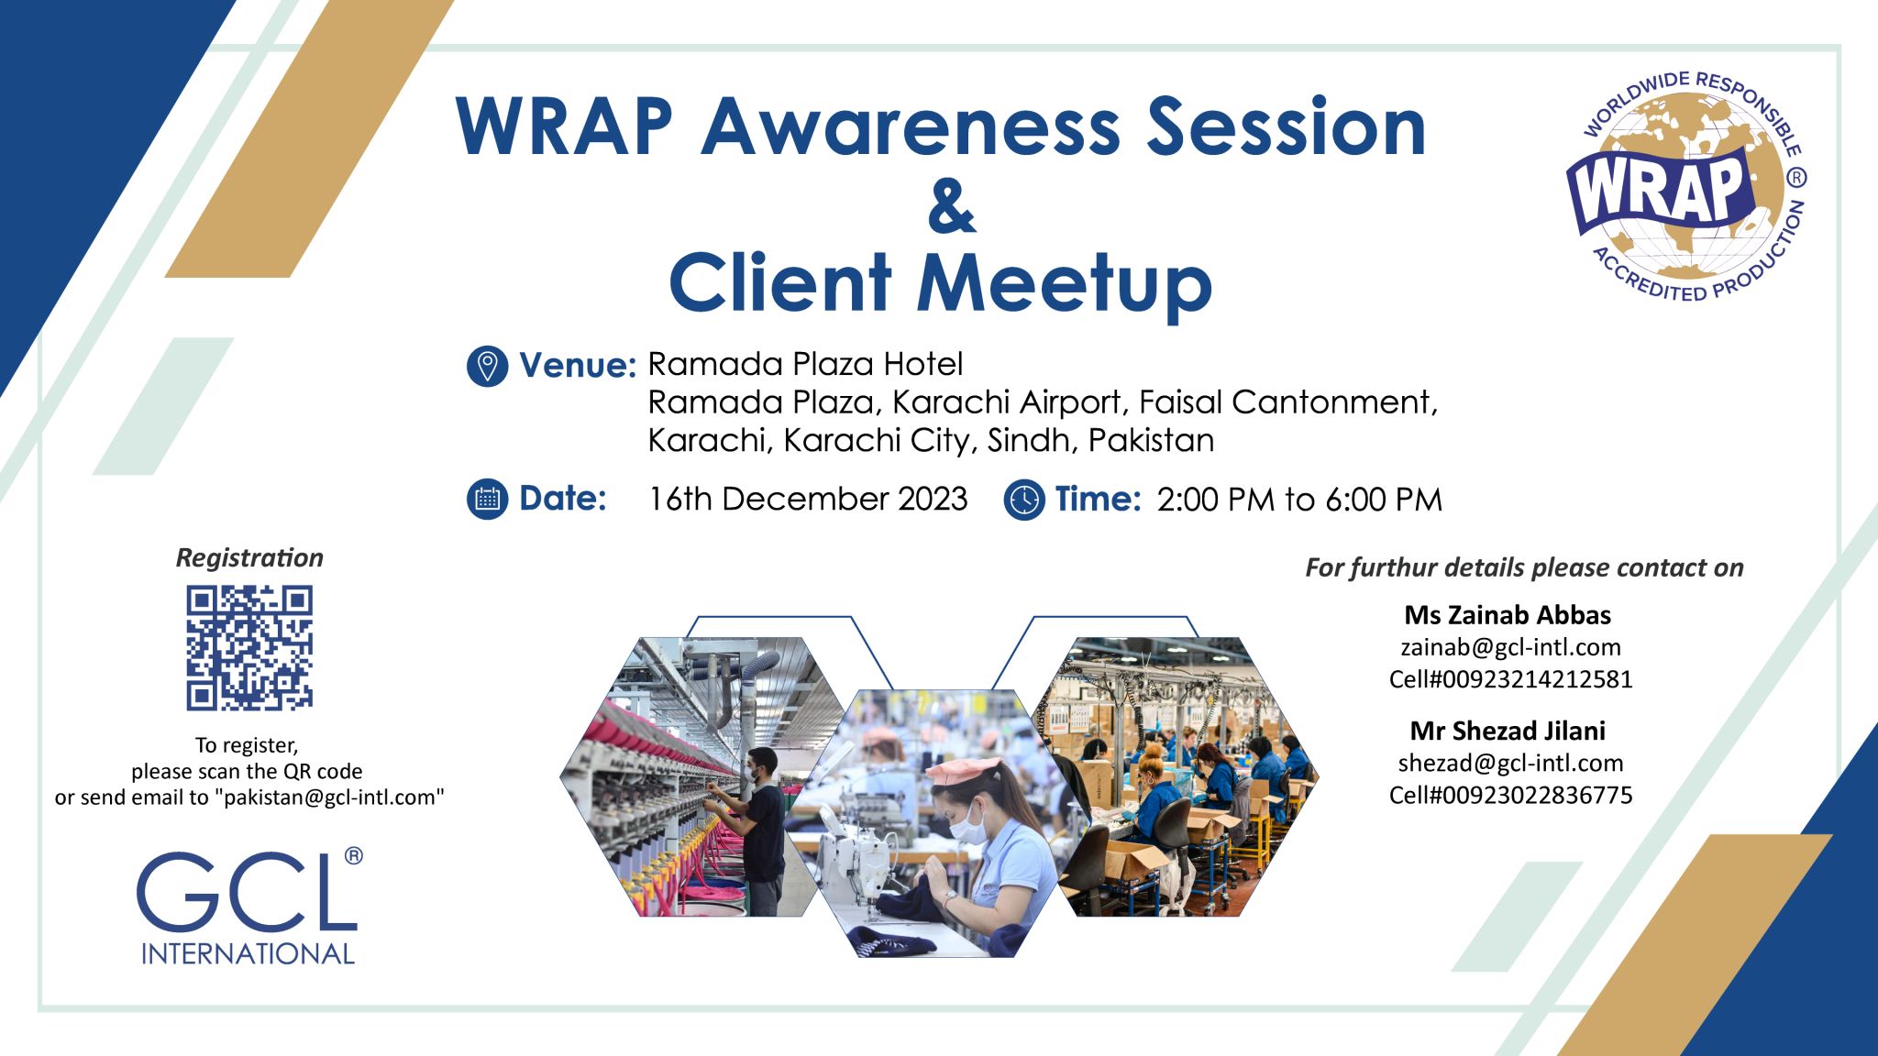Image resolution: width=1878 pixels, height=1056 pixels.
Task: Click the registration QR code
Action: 249,648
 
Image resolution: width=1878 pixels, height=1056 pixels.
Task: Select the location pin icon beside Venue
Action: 487,366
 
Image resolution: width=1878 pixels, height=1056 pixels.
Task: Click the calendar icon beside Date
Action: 487,500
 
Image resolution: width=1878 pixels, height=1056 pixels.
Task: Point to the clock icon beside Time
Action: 1023,500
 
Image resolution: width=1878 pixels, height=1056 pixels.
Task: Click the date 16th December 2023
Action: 807,500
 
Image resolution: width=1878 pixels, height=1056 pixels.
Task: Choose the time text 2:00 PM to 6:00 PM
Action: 1298,500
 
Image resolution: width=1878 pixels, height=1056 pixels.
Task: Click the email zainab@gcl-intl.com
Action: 1510,647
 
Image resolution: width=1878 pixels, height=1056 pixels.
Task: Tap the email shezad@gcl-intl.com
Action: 1510,763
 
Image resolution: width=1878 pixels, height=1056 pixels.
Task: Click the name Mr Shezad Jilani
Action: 1508,731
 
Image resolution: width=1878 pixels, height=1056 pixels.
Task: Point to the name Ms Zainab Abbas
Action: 1508,614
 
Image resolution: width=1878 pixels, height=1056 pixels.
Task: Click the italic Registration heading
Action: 249,557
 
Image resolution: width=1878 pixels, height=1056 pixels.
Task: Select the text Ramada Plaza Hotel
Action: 805,365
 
